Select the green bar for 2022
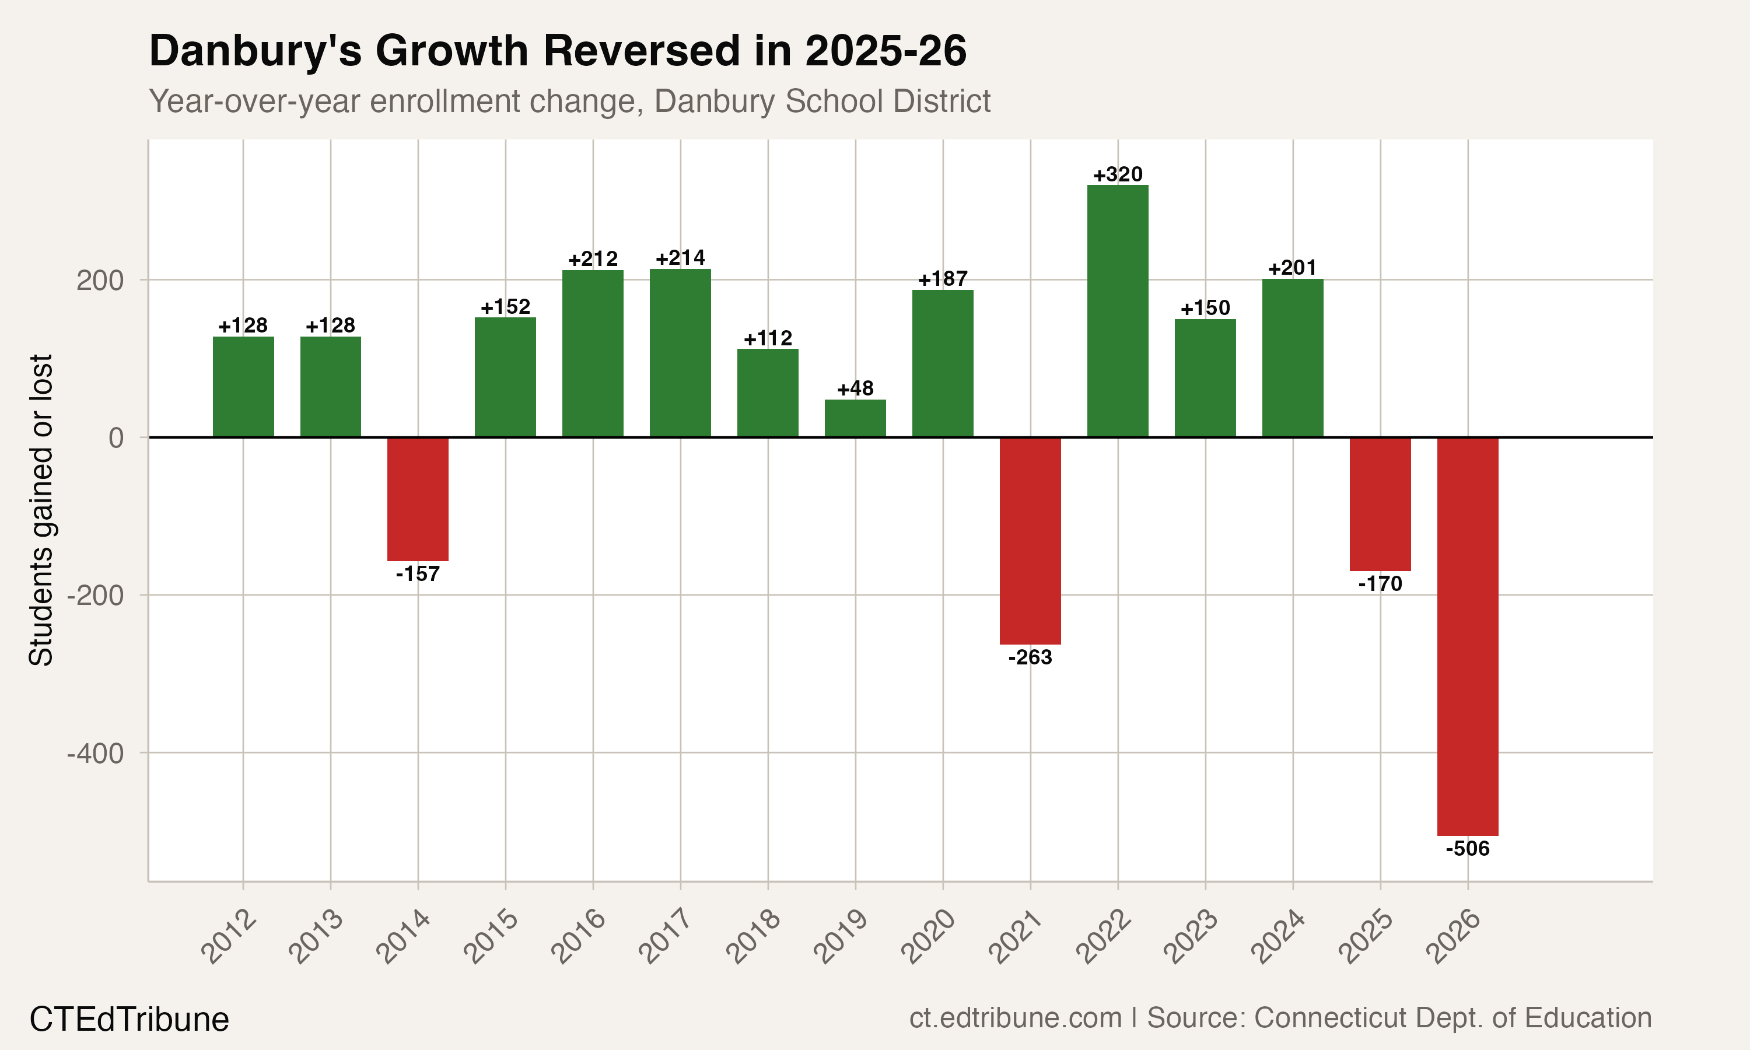click(x=1118, y=311)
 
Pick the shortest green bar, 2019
click(x=855, y=418)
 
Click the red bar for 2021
click(x=1030, y=541)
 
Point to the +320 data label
click(x=1118, y=174)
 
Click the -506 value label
click(x=1468, y=848)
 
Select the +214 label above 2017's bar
click(x=681, y=258)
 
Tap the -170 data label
click(x=1380, y=584)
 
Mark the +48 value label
click(x=855, y=388)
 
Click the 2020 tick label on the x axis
click(x=929, y=937)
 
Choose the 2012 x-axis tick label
click(x=229, y=937)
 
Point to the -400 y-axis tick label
click(x=96, y=754)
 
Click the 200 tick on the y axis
click(x=100, y=280)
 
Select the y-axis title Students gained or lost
click(x=41, y=509)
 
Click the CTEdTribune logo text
click(x=129, y=1020)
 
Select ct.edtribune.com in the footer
click(x=1015, y=1017)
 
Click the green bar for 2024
click(x=1292, y=358)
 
